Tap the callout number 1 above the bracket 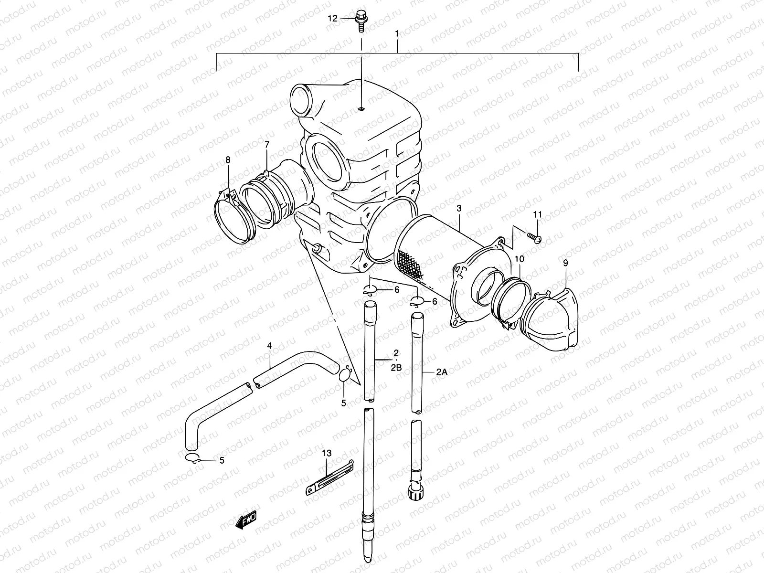coord(397,34)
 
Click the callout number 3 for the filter coord(459,208)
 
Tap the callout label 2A coord(441,373)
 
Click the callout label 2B coord(396,368)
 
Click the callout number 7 coord(267,144)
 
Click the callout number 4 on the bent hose coord(269,345)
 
